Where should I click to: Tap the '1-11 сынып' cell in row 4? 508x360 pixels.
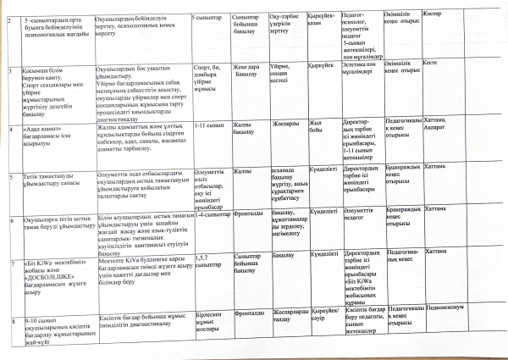(x=208, y=125)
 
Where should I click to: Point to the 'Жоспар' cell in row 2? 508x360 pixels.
(x=454, y=15)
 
